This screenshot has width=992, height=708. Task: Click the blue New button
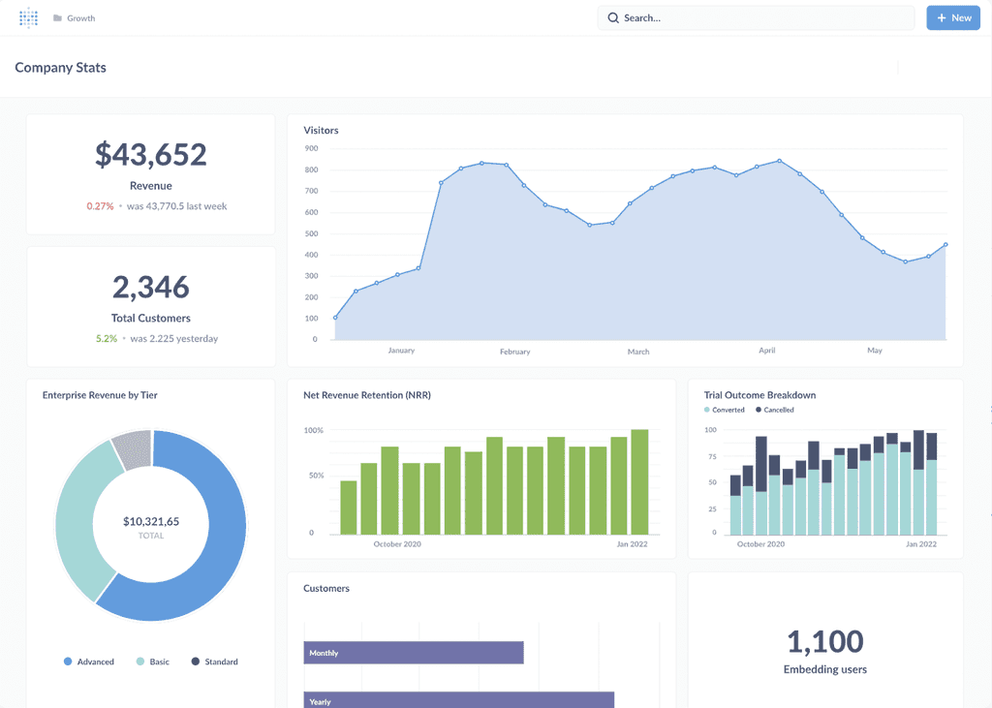coord(952,17)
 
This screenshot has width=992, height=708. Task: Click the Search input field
coord(756,17)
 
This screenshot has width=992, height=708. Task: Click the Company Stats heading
coord(60,68)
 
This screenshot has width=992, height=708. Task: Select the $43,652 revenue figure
coord(150,154)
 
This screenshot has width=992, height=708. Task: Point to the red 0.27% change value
coord(100,206)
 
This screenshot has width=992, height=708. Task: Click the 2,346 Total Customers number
coord(150,287)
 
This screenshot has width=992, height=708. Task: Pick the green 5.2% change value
coord(106,339)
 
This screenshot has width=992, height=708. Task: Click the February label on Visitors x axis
coord(514,352)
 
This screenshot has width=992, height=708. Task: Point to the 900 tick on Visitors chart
coord(311,148)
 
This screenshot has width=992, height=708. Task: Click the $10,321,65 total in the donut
coord(150,521)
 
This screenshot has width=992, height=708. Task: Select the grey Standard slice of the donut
coord(132,450)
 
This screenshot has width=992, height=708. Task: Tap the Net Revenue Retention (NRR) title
coord(366,395)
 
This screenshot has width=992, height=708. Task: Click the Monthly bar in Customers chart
coord(413,653)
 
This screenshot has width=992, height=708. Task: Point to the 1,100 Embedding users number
coord(824,641)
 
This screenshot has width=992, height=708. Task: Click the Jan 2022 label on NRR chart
coord(631,544)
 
